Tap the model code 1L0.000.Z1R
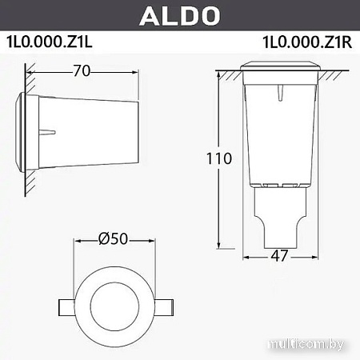point(308,43)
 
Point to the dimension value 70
point(80,70)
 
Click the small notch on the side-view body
point(49,131)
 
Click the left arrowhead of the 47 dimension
point(246,257)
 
